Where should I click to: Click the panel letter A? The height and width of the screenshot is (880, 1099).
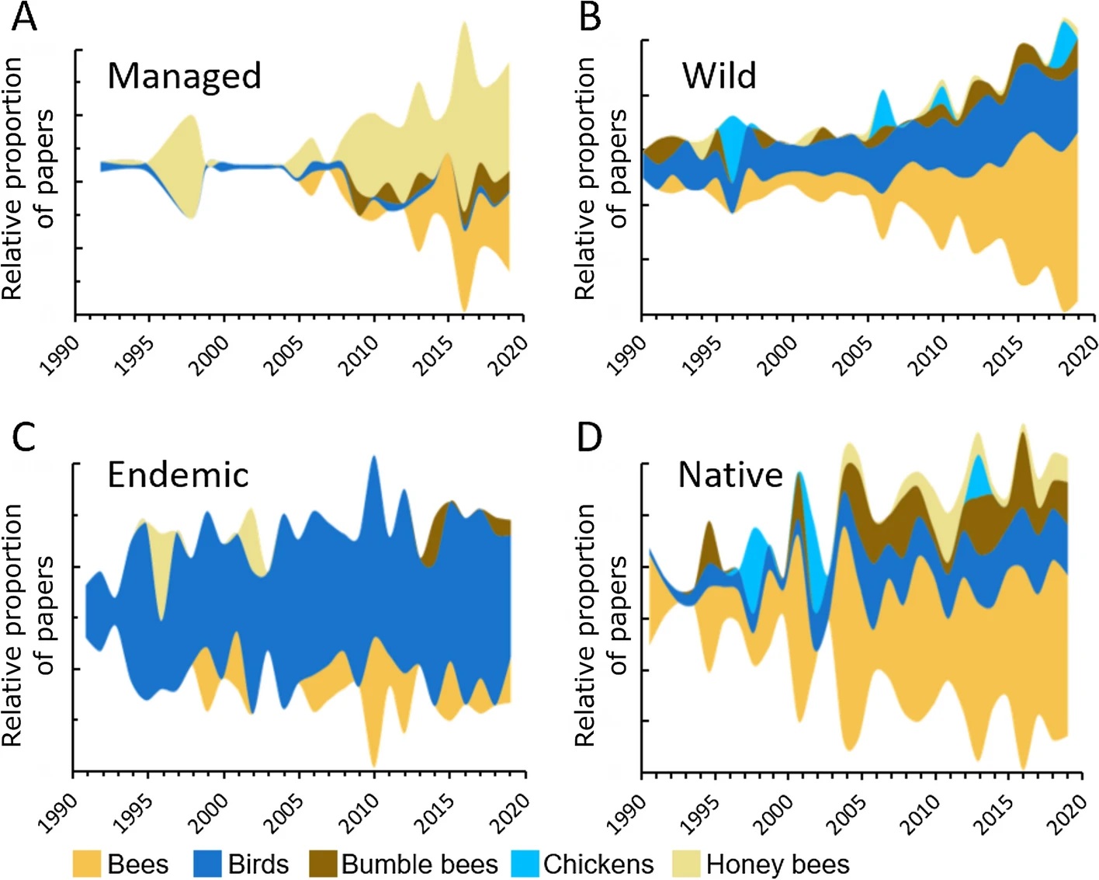(x=25, y=17)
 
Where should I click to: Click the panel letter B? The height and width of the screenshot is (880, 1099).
(x=590, y=17)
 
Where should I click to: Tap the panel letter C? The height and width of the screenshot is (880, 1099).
(x=24, y=437)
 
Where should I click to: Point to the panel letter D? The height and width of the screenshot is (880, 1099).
(x=590, y=437)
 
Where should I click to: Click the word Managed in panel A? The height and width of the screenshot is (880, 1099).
(x=184, y=76)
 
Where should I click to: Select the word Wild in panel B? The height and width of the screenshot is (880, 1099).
(x=719, y=76)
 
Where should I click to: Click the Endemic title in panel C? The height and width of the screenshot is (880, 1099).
(x=178, y=475)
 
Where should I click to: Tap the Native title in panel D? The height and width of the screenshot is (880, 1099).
(x=730, y=475)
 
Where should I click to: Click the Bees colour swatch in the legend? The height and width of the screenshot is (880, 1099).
(x=87, y=864)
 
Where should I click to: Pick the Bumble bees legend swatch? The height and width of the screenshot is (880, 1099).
(x=323, y=864)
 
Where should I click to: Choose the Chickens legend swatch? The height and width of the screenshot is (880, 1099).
(x=525, y=864)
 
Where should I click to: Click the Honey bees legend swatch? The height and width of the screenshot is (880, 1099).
(x=687, y=864)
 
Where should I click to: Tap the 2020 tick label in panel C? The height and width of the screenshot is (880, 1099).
(x=509, y=812)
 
